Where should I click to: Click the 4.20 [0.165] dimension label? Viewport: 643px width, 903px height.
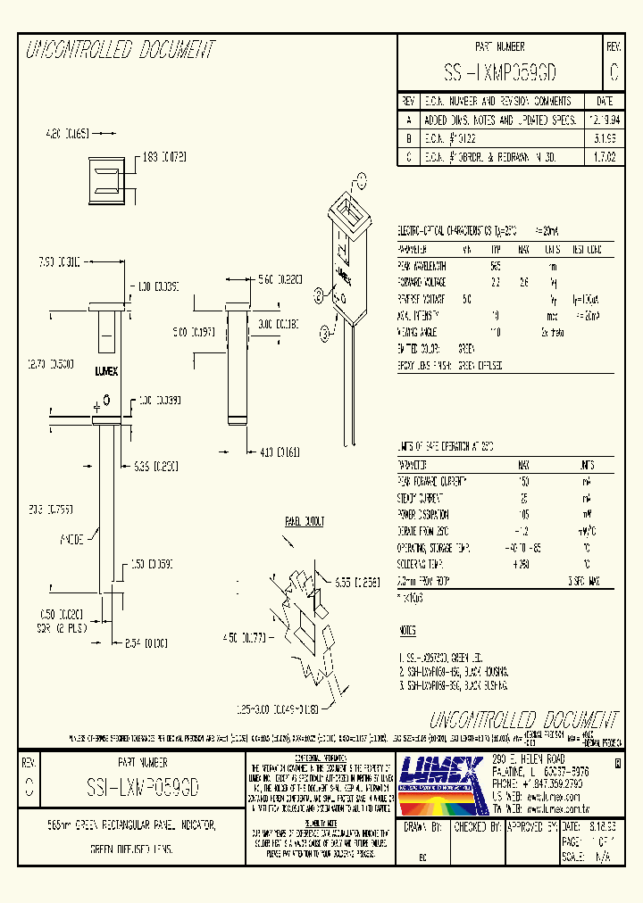pyautogui.click(x=67, y=133)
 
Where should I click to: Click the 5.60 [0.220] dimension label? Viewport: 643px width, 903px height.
pyautogui.click(x=280, y=280)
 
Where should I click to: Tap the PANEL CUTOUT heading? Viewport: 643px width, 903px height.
pyautogui.click(x=305, y=521)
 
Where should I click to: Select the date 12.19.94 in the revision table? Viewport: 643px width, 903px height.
pyautogui.click(x=604, y=119)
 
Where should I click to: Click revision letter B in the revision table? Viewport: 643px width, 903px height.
pyautogui.click(x=409, y=137)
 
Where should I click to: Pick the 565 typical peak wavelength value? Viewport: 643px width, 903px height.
pyautogui.click(x=495, y=265)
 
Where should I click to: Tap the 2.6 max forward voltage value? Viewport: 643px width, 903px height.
pyautogui.click(x=524, y=280)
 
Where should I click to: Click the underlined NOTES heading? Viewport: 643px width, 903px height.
pyautogui.click(x=406, y=630)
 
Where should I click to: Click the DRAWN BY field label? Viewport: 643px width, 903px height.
pyautogui.click(x=423, y=828)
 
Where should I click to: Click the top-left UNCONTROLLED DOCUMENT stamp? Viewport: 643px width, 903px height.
pyautogui.click(x=121, y=50)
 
